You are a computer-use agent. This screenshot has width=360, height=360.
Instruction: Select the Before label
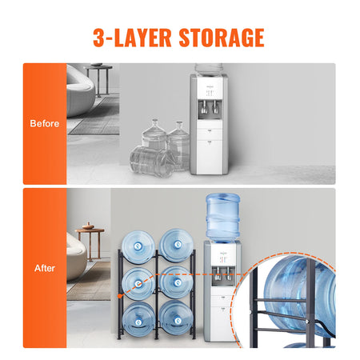point(44,124)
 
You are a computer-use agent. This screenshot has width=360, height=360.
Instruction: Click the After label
point(44,269)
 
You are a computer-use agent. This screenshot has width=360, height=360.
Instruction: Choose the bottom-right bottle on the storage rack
point(174,320)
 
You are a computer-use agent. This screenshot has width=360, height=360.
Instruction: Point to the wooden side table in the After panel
point(90,240)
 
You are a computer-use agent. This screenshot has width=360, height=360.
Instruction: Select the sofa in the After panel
point(76,260)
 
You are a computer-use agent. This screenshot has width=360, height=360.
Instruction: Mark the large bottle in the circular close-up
point(300,292)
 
